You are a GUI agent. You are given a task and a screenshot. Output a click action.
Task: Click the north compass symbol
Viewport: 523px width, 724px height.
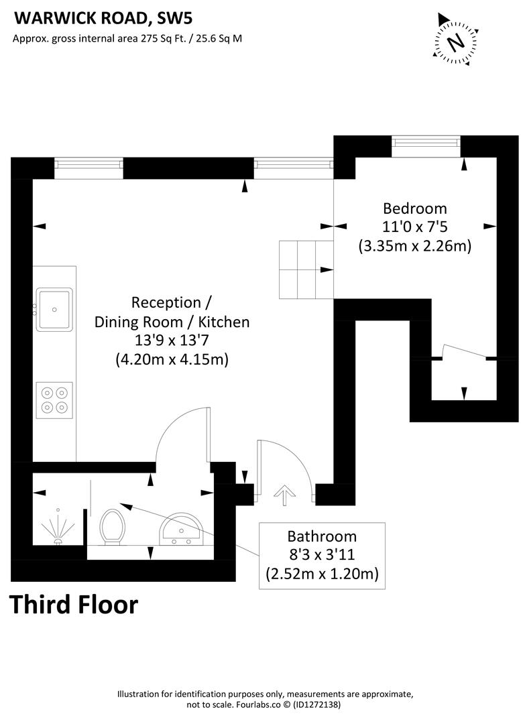coord(457,42)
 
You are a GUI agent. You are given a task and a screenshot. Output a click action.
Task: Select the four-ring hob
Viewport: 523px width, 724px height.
coord(54,399)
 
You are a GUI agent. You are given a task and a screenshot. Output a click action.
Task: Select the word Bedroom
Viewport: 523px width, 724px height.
coord(414,208)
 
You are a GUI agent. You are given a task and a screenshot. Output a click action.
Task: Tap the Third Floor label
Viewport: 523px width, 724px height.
coord(74,605)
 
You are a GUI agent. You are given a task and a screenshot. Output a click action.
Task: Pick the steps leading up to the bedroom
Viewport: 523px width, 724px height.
coord(306,269)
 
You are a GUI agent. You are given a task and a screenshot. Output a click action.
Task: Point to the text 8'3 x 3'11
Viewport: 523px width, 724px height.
coord(322,555)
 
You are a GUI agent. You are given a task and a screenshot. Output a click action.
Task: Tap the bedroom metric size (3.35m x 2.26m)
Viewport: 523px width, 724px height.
coord(414,246)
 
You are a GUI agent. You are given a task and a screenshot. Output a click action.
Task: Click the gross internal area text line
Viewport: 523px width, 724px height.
coord(127,38)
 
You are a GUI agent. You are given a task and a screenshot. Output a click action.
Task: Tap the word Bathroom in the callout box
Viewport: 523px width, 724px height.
coord(322,536)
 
